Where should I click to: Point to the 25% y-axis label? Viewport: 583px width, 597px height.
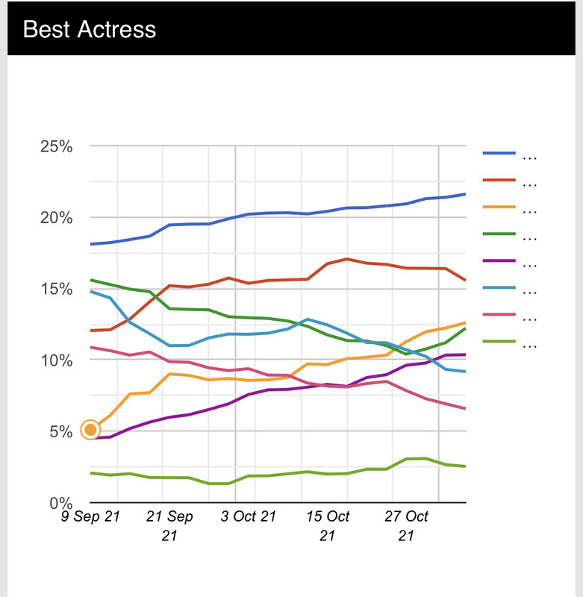pyautogui.click(x=56, y=146)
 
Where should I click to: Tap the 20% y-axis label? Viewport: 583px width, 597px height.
pyautogui.click(x=56, y=218)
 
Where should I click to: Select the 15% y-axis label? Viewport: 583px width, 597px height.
pyautogui.click(x=56, y=289)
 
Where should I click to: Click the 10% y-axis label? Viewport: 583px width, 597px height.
pyautogui.click(x=56, y=360)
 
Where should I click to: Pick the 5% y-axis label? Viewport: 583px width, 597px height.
pyautogui.click(x=60, y=431)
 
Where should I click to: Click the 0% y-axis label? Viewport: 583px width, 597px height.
pyautogui.click(x=60, y=502)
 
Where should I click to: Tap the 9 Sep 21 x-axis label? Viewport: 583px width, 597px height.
pyautogui.click(x=90, y=516)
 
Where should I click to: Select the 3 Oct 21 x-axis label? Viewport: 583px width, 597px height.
pyautogui.click(x=249, y=516)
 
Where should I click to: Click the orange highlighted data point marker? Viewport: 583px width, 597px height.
pyautogui.click(x=90, y=430)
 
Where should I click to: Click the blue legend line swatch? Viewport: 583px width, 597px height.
pyautogui.click(x=499, y=153)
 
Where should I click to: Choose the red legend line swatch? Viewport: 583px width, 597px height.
pyautogui.click(x=499, y=180)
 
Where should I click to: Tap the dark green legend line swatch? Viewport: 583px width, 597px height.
pyautogui.click(x=499, y=234)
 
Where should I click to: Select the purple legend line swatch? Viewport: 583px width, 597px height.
pyautogui.click(x=499, y=261)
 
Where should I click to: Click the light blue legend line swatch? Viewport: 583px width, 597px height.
pyautogui.click(x=499, y=289)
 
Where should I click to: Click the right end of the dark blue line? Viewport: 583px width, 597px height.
pyautogui.click(x=465, y=194)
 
